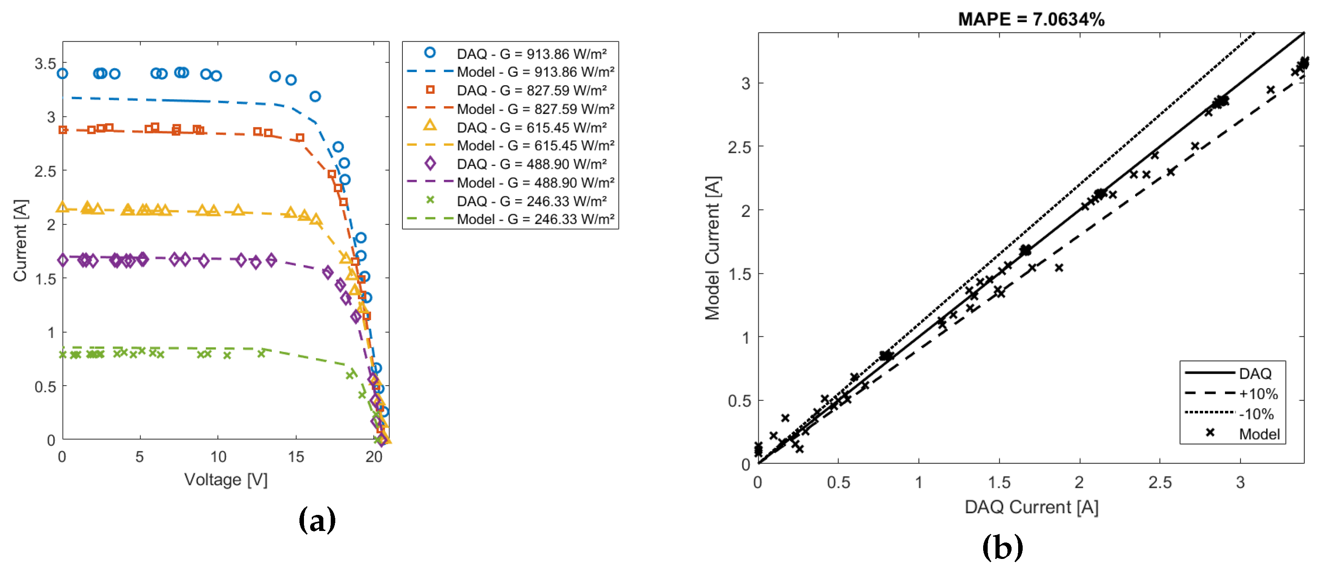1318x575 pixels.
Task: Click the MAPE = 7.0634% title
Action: pyautogui.click(x=1031, y=19)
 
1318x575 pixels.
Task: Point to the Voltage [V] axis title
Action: pyautogui.click(x=226, y=480)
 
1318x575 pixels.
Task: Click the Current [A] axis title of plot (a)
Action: pyautogui.click(x=21, y=240)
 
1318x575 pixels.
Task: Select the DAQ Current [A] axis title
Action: pyautogui.click(x=1031, y=507)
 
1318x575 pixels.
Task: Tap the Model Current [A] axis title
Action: pyautogui.click(x=712, y=248)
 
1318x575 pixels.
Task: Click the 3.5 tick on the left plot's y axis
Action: pyautogui.click(x=45, y=64)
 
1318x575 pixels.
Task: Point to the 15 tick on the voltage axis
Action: pyautogui.click(x=296, y=457)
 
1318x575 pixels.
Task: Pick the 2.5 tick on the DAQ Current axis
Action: pyautogui.click(x=1159, y=482)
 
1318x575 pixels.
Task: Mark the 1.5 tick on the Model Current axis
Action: pyautogui.click(x=739, y=275)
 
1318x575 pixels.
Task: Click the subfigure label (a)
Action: pyautogui.click(x=317, y=520)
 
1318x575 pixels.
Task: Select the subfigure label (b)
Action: pyautogui.click(x=1003, y=547)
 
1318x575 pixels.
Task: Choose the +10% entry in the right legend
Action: pyautogui.click(x=1258, y=394)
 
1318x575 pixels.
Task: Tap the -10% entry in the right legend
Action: pyautogui.click(x=1256, y=414)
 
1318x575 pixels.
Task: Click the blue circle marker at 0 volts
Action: pyautogui.click(x=63, y=74)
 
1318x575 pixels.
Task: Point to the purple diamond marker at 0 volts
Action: pyautogui.click(x=63, y=260)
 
